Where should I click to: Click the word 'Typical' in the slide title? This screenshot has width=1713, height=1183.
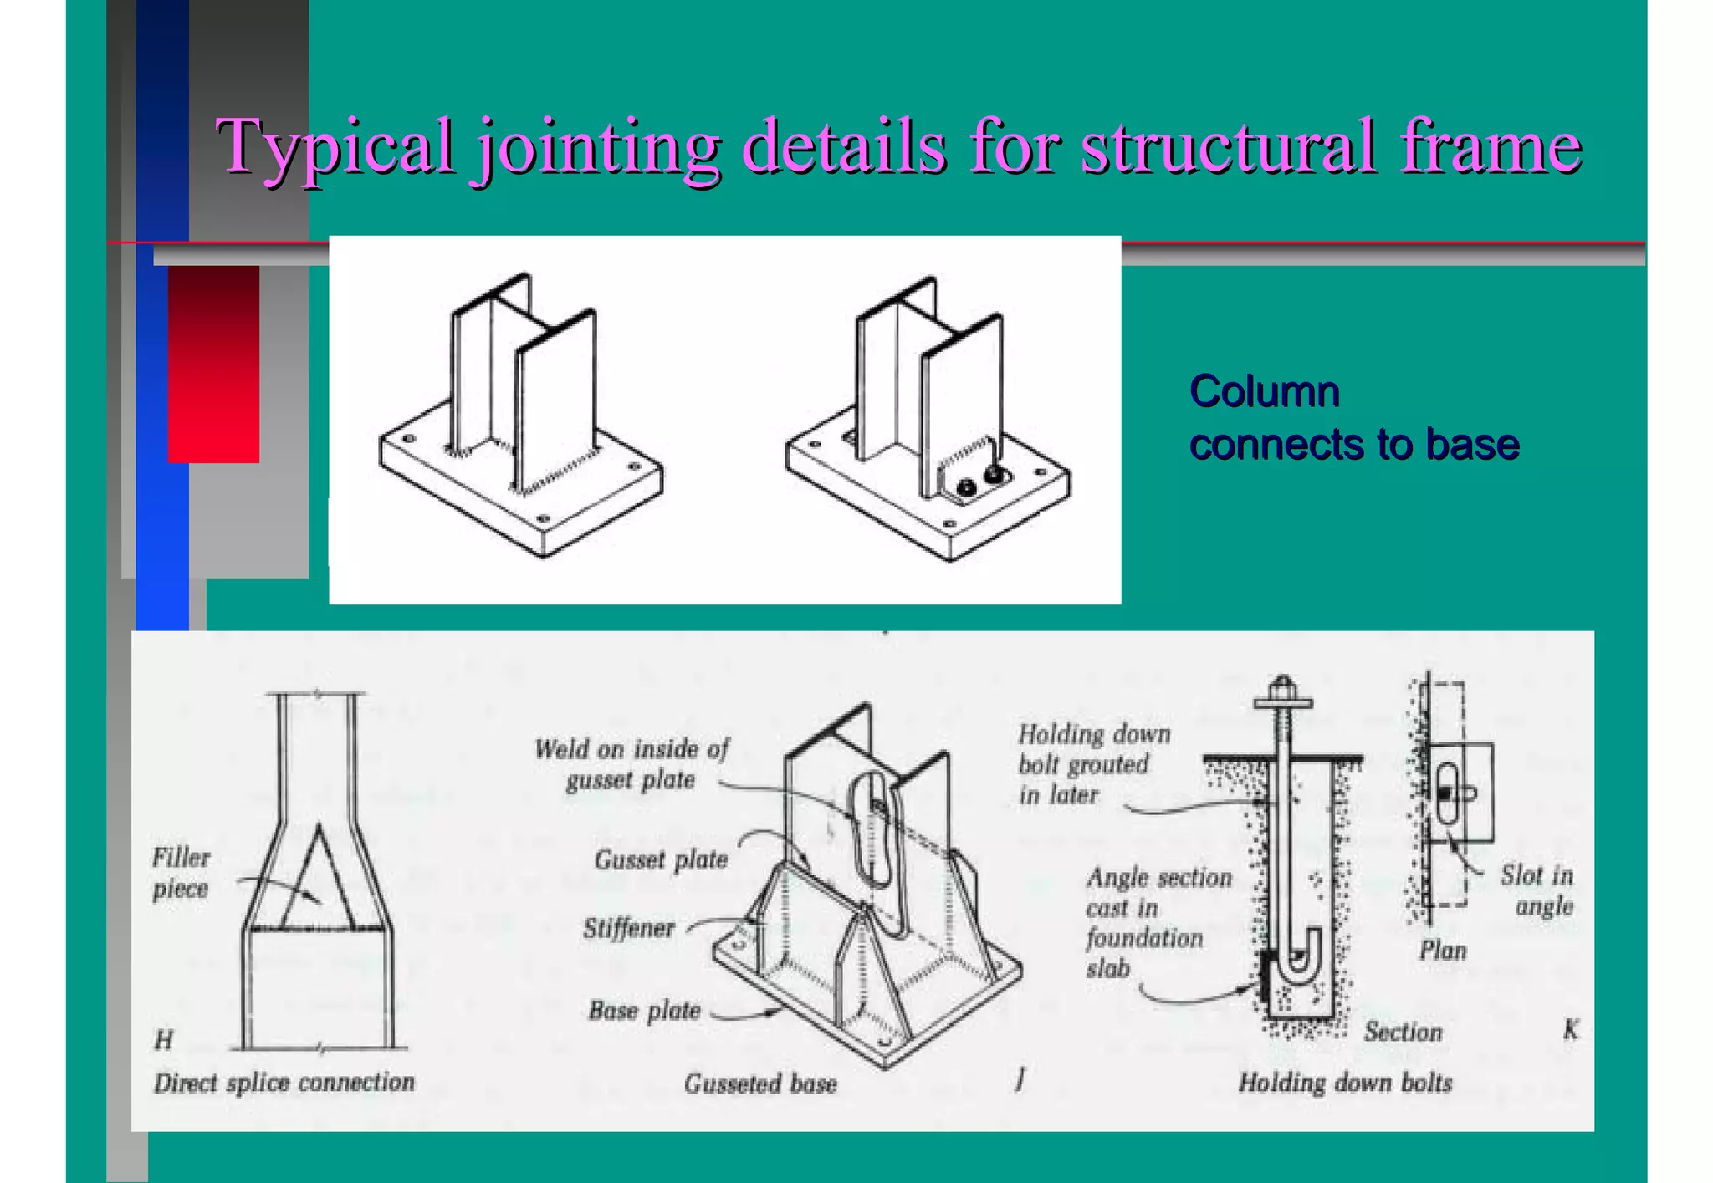[335, 147]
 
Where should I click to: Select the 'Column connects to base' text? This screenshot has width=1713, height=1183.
[1353, 417]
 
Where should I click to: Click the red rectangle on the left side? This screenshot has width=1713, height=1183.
[213, 364]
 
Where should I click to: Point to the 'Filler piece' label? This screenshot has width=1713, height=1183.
[181, 873]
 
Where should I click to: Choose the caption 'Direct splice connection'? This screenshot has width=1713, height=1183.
[284, 1083]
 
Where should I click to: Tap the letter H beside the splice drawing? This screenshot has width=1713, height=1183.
[164, 1040]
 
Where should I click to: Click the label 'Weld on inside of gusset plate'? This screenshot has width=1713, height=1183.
[632, 764]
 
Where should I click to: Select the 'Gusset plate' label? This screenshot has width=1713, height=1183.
[661, 860]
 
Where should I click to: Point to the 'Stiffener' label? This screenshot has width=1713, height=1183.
[629, 928]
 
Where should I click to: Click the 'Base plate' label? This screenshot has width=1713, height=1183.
[644, 1011]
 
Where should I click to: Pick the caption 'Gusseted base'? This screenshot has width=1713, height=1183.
[760, 1084]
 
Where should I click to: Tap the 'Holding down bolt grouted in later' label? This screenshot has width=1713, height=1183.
[1093, 764]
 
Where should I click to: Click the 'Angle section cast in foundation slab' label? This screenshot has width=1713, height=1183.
[1158, 922]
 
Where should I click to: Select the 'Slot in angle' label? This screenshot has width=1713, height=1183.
[1537, 890]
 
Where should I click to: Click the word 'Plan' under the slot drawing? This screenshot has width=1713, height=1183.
[1443, 951]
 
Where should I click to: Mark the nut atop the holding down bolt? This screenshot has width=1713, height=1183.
[1283, 692]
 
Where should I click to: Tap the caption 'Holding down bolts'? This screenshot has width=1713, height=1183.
[1345, 1083]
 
